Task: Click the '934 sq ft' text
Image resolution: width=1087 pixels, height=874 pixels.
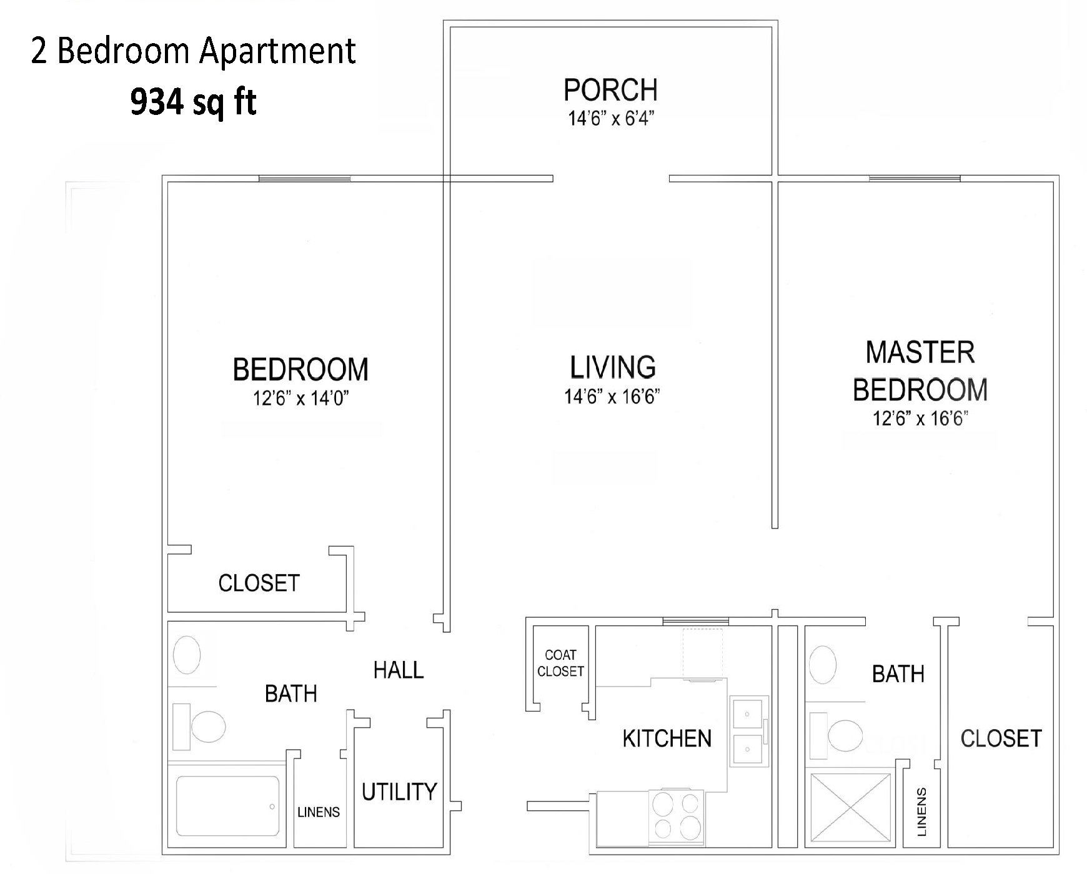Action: (193, 102)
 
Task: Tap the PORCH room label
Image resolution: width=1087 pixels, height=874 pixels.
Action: (610, 91)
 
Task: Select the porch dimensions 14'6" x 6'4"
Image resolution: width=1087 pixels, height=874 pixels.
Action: (610, 119)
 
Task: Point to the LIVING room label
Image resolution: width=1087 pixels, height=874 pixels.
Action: (613, 367)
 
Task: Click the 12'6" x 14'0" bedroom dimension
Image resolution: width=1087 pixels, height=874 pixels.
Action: (300, 399)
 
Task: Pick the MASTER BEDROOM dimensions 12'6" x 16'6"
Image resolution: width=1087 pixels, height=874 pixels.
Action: (920, 419)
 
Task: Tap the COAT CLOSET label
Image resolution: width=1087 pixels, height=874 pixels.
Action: (560, 663)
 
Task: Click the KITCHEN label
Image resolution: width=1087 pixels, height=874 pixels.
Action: (667, 739)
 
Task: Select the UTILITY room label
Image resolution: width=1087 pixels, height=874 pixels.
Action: (399, 792)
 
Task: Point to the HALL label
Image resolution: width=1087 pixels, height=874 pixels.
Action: (399, 671)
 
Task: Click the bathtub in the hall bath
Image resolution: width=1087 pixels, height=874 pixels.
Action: (227, 806)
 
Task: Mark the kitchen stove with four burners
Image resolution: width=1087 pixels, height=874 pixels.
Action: (677, 815)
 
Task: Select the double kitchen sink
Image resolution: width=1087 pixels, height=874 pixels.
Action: (748, 730)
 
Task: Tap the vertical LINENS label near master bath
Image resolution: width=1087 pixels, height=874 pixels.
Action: (921, 812)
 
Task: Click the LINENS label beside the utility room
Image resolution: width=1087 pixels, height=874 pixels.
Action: (319, 813)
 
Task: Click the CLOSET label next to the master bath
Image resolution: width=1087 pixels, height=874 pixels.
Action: (1001, 739)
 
